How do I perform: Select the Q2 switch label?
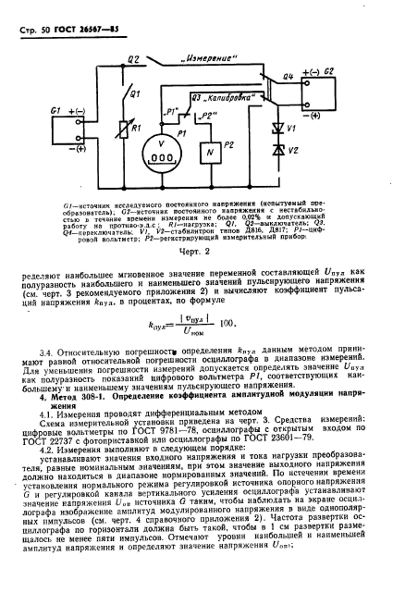[133, 59]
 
